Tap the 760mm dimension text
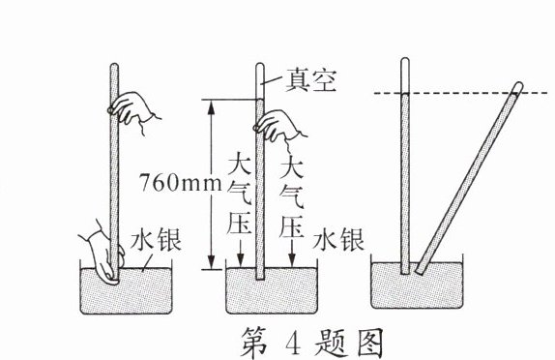point(181,181)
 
